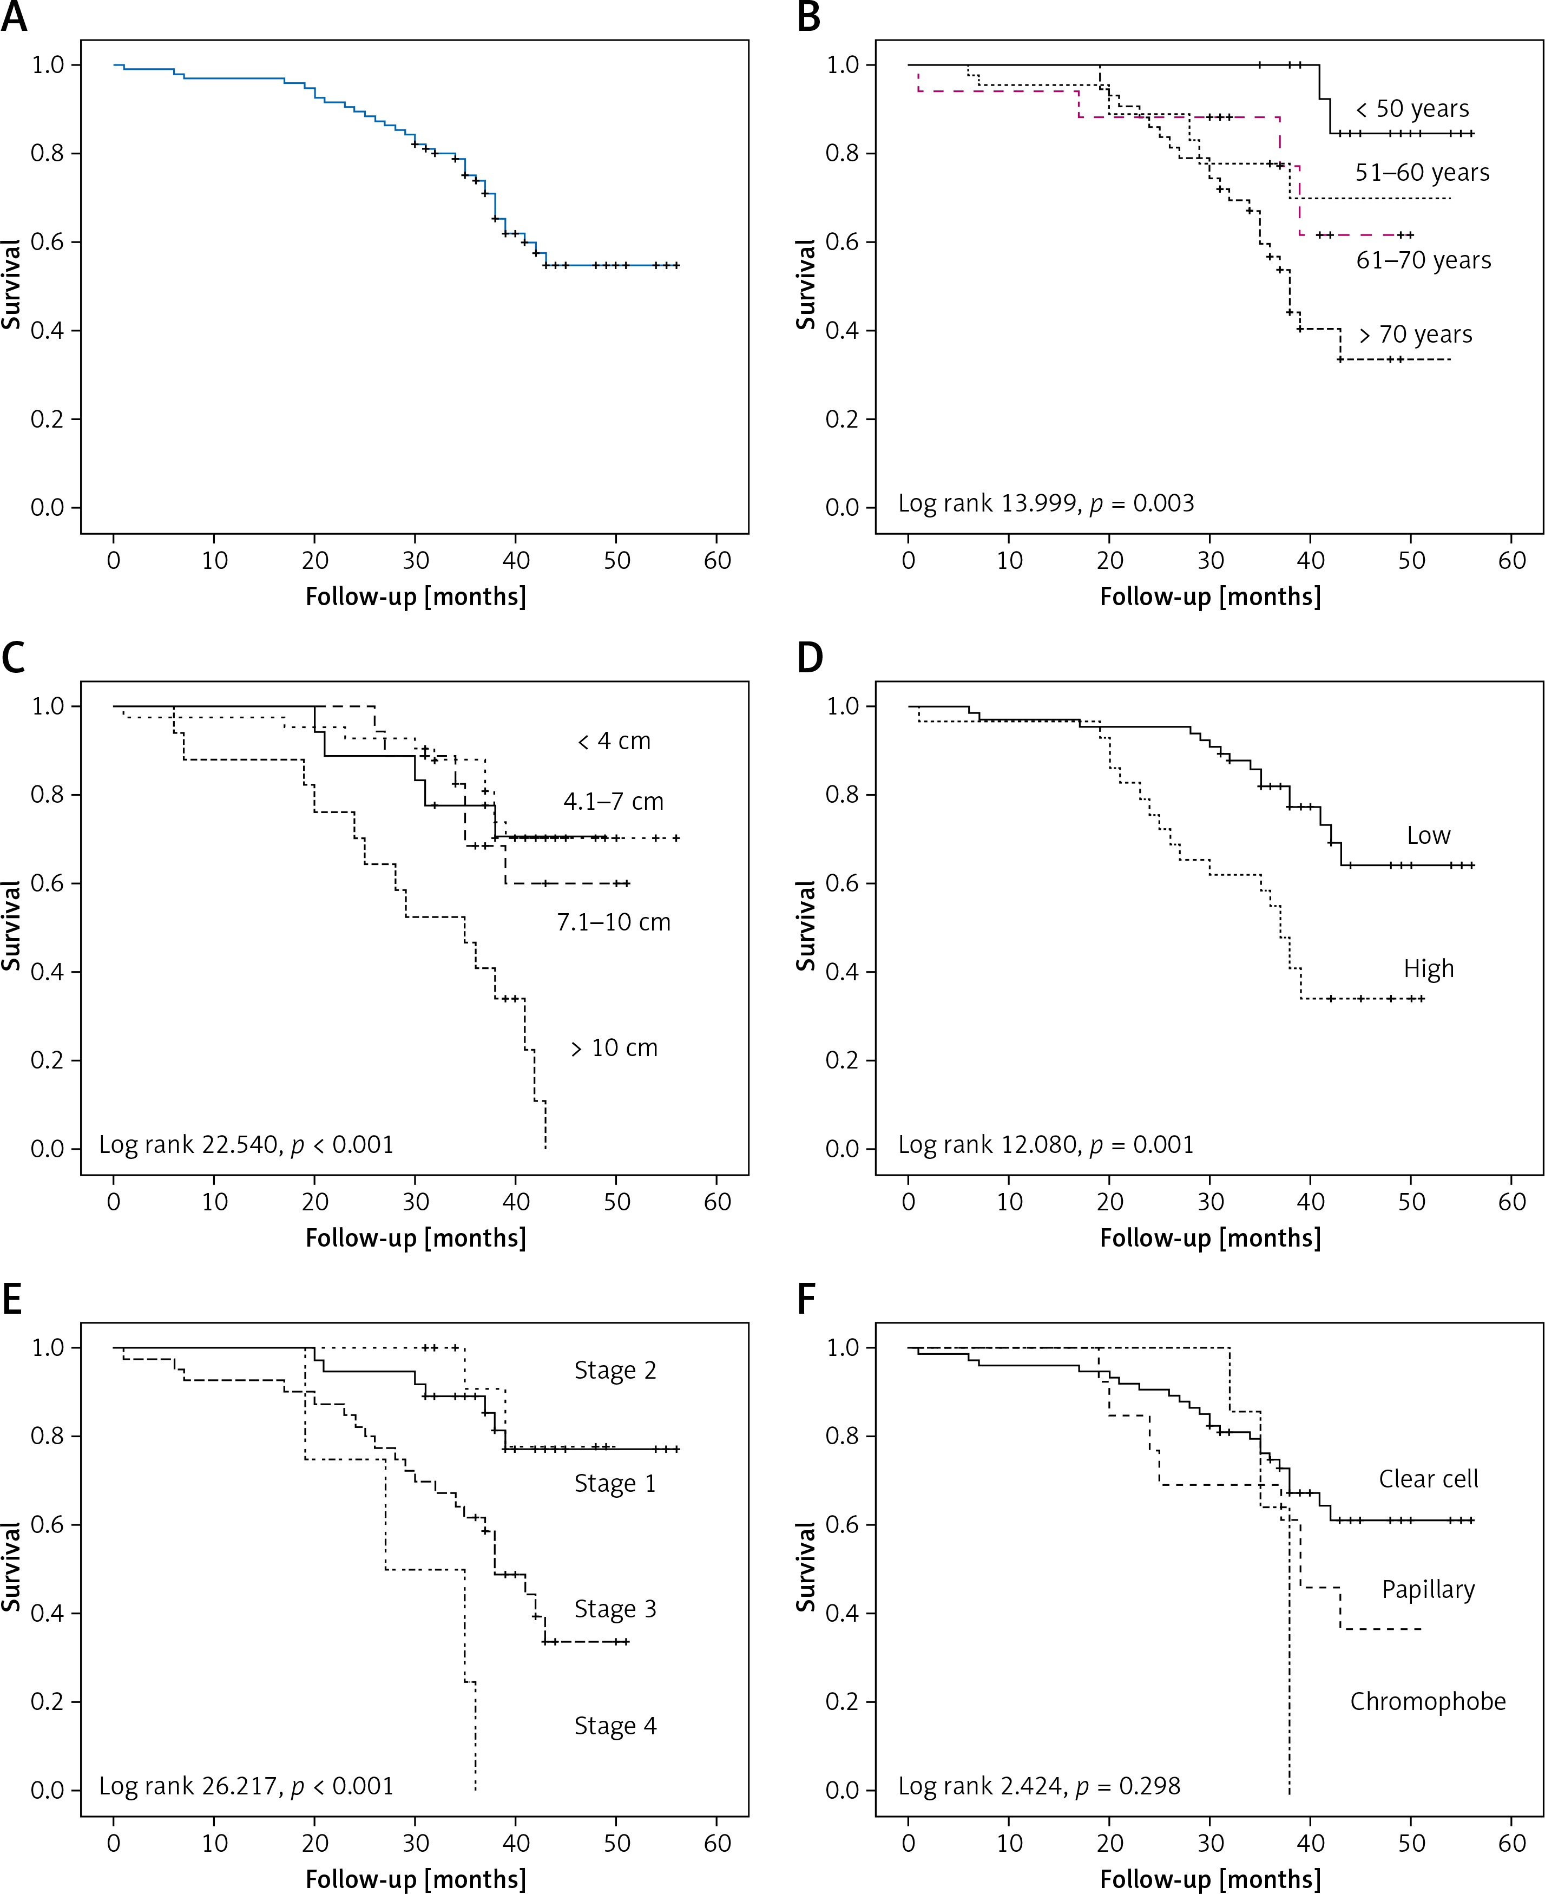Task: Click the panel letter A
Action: [x=14, y=18]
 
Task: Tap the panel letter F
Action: [x=806, y=1300]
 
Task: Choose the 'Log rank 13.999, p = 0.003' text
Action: [x=1046, y=504]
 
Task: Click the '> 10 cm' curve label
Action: [x=614, y=1048]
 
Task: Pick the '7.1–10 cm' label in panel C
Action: [x=613, y=922]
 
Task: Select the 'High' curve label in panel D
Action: [x=1429, y=968]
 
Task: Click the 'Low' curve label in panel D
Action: [x=1429, y=836]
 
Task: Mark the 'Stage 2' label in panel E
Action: [x=615, y=1371]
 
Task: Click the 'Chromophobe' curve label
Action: [x=1428, y=1702]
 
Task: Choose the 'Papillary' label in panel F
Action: [x=1428, y=1590]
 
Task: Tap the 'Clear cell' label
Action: [x=1428, y=1479]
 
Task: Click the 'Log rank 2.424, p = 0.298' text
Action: [x=1038, y=1786]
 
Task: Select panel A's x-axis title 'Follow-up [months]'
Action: [x=416, y=597]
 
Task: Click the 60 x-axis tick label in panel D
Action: [x=1512, y=1202]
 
